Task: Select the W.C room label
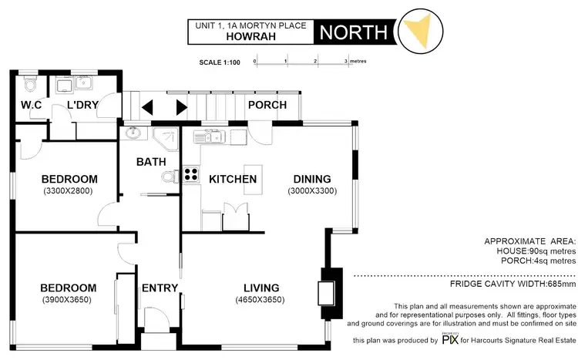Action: point(30,105)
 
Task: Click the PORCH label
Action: point(267,105)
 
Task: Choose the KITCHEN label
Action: point(233,179)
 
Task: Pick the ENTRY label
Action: point(160,288)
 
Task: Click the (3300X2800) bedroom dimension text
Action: point(69,190)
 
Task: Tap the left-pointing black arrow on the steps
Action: point(147,107)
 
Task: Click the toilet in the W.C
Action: point(29,80)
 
